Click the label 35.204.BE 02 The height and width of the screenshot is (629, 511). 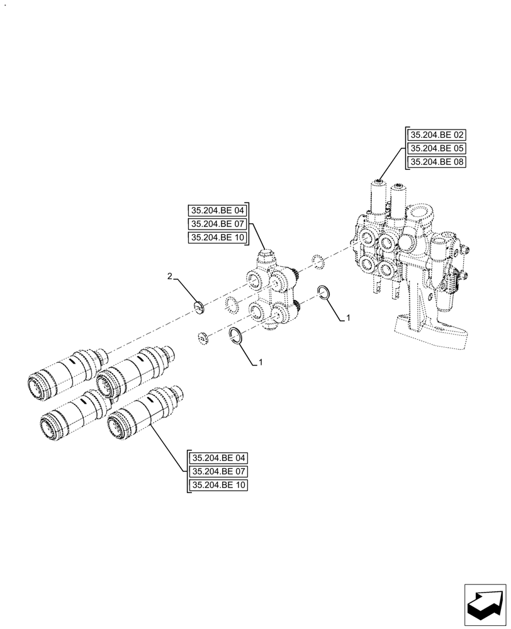click(x=437, y=135)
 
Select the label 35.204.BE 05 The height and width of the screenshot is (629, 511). click(x=437, y=148)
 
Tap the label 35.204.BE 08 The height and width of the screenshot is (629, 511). click(x=437, y=162)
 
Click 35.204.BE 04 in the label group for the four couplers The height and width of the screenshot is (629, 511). click(x=218, y=458)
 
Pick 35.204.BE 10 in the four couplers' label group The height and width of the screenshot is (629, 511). click(x=218, y=486)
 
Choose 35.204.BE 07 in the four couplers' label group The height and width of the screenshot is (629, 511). click(x=218, y=472)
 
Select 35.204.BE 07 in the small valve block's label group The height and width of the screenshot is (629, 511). click(x=218, y=224)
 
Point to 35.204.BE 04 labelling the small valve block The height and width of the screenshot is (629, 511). click(x=218, y=210)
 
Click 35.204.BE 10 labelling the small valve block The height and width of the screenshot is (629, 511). click(x=218, y=238)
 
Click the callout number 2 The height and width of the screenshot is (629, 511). click(x=169, y=276)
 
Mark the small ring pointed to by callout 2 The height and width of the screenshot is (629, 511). click(x=199, y=307)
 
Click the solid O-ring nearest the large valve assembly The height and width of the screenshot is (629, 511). click(x=323, y=292)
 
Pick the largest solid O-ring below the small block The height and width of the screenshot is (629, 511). click(x=236, y=335)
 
